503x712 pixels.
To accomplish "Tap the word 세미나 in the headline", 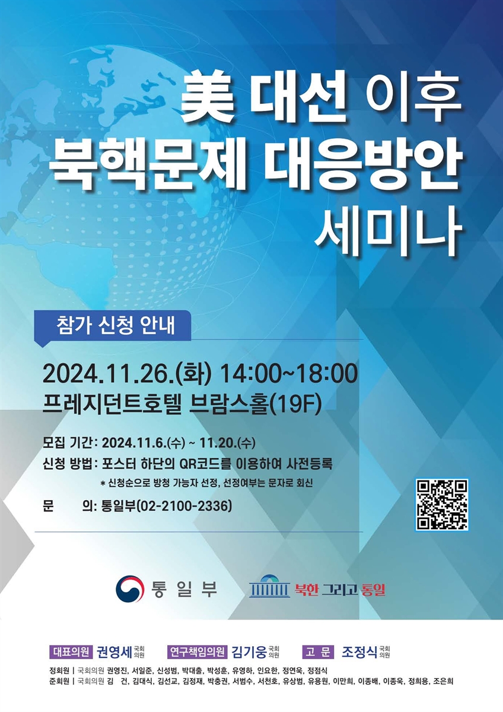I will [387, 229].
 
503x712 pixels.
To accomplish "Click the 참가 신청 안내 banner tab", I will [116, 326].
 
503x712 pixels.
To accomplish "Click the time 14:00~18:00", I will [289, 374].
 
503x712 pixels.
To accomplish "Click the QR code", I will [442, 504].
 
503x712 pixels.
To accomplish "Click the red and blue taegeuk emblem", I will [129, 589].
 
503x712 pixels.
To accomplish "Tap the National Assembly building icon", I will [270, 587].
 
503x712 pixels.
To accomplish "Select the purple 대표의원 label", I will [71, 652].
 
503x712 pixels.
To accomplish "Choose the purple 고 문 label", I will [318, 652].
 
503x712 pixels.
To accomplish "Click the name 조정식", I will [359, 652].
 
